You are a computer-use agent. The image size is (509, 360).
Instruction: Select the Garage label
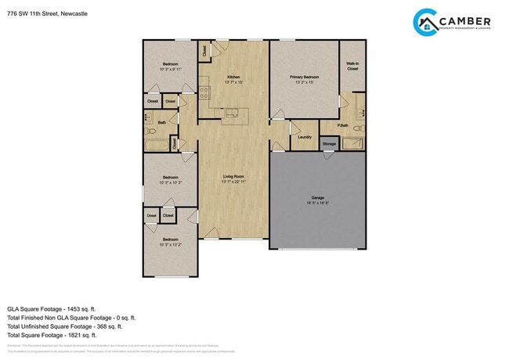[x=317, y=199]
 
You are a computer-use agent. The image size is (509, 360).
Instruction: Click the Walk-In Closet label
[x=352, y=67]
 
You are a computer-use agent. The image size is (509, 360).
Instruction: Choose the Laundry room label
[x=305, y=137]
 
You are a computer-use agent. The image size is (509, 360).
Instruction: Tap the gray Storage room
[x=329, y=144]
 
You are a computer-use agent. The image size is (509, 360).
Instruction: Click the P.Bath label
[x=343, y=125]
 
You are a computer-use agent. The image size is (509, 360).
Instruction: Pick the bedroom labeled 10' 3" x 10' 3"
[x=170, y=180]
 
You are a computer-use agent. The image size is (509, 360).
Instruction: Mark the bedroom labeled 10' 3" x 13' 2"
[x=170, y=241]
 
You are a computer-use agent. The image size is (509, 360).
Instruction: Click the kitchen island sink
[x=231, y=114]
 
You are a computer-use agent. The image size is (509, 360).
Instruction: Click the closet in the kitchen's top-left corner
[x=204, y=52]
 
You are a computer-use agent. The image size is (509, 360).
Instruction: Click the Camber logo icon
[x=428, y=22]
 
